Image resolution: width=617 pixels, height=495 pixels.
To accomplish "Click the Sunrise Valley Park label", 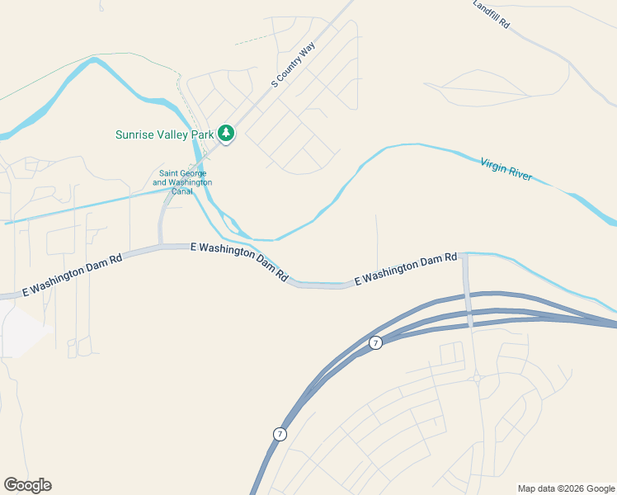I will pos(164,134).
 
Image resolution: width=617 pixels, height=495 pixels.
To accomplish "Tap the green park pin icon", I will pos(225,133).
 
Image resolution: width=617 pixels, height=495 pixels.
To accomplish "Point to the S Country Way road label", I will pos(294,65).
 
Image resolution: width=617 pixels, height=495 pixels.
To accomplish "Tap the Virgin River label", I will pos(506,169).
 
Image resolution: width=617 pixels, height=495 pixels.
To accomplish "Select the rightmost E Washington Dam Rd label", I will pos(406,270).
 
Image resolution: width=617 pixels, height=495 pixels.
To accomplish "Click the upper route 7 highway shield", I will pos(375,342).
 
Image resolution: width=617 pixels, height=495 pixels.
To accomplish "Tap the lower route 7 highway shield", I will pos(280,434).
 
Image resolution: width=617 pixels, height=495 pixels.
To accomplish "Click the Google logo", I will pos(27,485).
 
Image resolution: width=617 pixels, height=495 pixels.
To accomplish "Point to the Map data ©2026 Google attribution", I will pos(567,488).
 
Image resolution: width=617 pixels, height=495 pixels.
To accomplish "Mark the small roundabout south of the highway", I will pos(477,379).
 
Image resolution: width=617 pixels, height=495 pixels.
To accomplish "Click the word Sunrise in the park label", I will pos(135,134).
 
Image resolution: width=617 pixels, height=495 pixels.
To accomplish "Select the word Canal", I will pos(182,191).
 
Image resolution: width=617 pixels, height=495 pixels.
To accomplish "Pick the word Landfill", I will pos(487,10).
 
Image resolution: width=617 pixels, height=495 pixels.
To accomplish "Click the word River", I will pos(520,174).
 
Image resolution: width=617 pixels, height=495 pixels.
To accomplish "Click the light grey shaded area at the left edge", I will pos(21,330).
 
